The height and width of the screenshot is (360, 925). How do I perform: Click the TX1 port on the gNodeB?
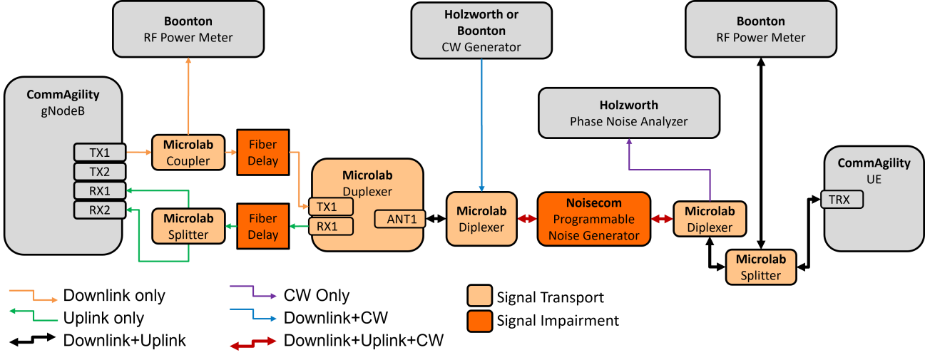click(99, 152)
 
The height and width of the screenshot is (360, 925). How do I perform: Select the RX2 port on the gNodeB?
click(99, 210)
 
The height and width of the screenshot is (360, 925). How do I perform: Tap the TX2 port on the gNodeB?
click(99, 172)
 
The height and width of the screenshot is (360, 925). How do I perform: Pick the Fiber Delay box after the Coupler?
click(262, 152)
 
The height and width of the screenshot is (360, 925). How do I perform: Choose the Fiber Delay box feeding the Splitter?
click(262, 226)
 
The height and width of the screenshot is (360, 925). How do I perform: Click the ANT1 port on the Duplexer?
click(400, 219)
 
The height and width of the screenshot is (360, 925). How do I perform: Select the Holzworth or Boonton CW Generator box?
click(481, 31)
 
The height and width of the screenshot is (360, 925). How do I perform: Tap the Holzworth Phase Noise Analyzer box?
click(628, 113)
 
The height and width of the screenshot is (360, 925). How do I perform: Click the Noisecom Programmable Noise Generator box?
click(593, 219)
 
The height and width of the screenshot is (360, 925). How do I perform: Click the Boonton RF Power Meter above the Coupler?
click(188, 29)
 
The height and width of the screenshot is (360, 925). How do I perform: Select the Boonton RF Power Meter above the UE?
click(760, 29)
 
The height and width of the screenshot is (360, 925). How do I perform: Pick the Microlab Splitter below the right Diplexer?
click(760, 267)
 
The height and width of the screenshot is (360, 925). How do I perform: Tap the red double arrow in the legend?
click(253, 344)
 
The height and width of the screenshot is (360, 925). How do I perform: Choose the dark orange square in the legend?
click(480, 321)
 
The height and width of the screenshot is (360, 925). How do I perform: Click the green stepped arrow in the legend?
click(33, 315)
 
